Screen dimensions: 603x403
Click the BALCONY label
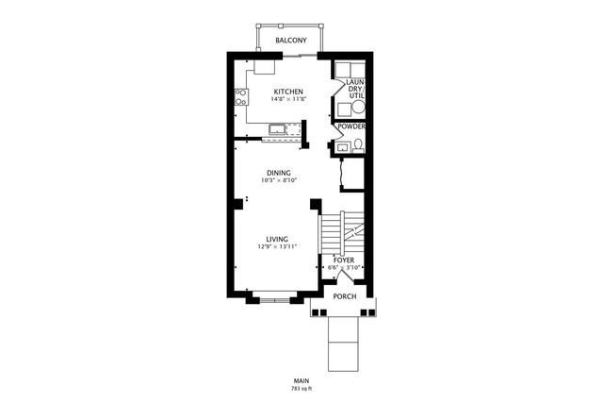pos(291,40)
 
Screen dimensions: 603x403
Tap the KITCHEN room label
pos(288,92)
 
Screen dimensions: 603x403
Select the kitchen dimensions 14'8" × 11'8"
pos(288,99)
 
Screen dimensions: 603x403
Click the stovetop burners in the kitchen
pos(241,96)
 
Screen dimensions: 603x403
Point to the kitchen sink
pos(276,129)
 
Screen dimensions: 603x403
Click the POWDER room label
pos(351,126)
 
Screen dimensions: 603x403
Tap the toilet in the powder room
pos(358,145)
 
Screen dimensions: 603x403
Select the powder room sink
pos(341,147)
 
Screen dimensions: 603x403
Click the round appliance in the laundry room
pos(358,107)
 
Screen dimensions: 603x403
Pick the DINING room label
pos(279,173)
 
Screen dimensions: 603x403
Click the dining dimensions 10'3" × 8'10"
pos(279,180)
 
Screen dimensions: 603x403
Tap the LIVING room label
pos(277,240)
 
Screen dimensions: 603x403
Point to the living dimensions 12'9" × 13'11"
pos(277,246)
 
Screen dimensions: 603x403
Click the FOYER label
pos(344,260)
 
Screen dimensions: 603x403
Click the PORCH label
pos(345,296)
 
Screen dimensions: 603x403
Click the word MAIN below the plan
pos(301,381)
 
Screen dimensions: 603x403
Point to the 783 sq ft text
pos(301,389)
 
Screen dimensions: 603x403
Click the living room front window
pos(274,300)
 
